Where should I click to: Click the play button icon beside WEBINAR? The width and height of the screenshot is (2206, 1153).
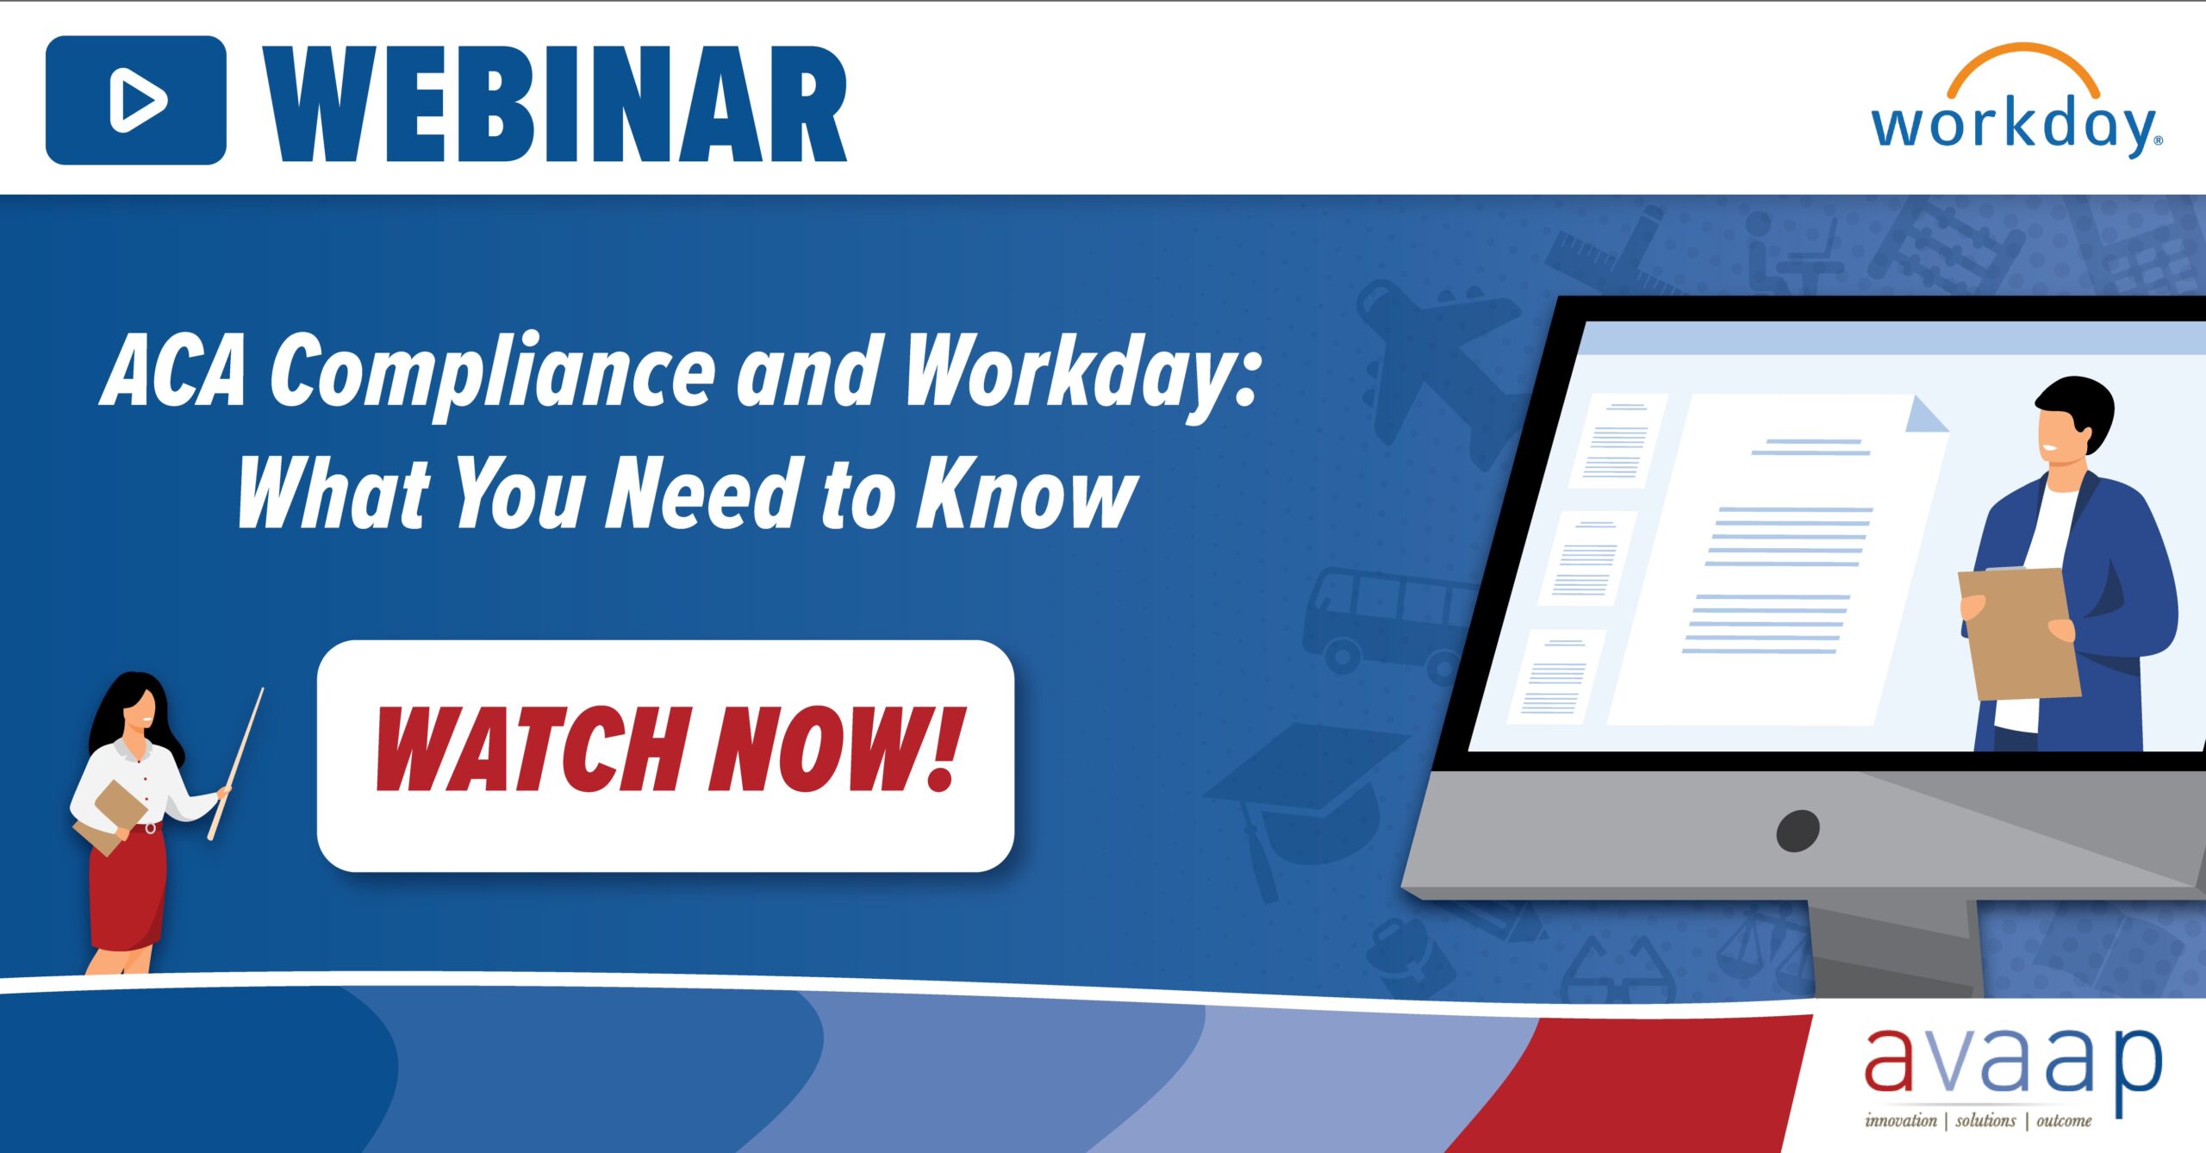pos(136,100)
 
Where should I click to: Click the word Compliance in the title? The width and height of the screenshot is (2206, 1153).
pos(492,372)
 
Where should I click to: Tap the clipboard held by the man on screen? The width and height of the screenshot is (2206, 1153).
pos(2018,633)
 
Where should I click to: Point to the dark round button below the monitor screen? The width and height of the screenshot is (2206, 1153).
pos(1798,831)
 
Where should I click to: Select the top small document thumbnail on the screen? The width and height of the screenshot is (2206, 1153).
pos(1617,440)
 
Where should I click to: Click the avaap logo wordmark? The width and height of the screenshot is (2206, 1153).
pos(2012,1064)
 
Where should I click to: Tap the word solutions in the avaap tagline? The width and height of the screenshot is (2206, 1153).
pos(1985,1121)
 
